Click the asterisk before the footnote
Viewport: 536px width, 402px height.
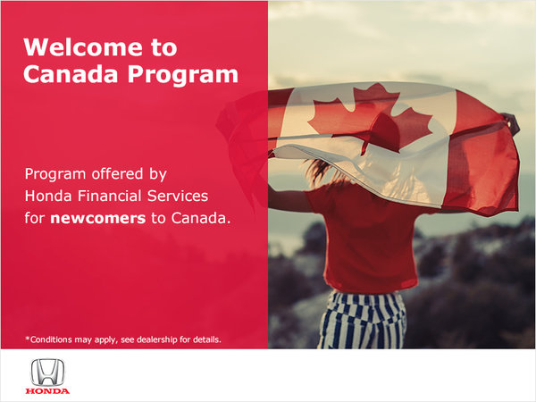click(27, 338)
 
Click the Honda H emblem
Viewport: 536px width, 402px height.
click(47, 373)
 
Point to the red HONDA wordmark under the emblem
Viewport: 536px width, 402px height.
click(47, 390)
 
